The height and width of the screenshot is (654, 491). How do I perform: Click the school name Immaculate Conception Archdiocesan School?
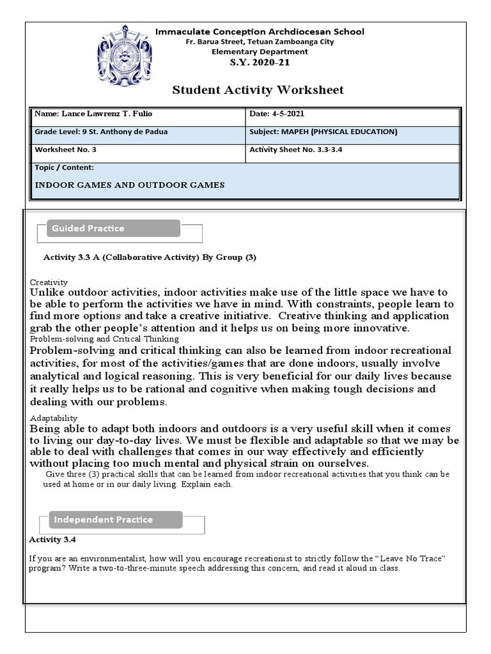(260, 31)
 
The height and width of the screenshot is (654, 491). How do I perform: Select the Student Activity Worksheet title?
(258, 90)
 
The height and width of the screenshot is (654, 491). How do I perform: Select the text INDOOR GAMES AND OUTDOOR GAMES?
(129, 185)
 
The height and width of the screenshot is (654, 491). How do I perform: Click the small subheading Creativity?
(49, 282)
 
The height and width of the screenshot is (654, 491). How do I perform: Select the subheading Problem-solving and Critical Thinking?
(104, 338)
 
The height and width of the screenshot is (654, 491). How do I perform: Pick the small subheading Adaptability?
(54, 418)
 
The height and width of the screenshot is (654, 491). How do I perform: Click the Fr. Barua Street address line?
(260, 42)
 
